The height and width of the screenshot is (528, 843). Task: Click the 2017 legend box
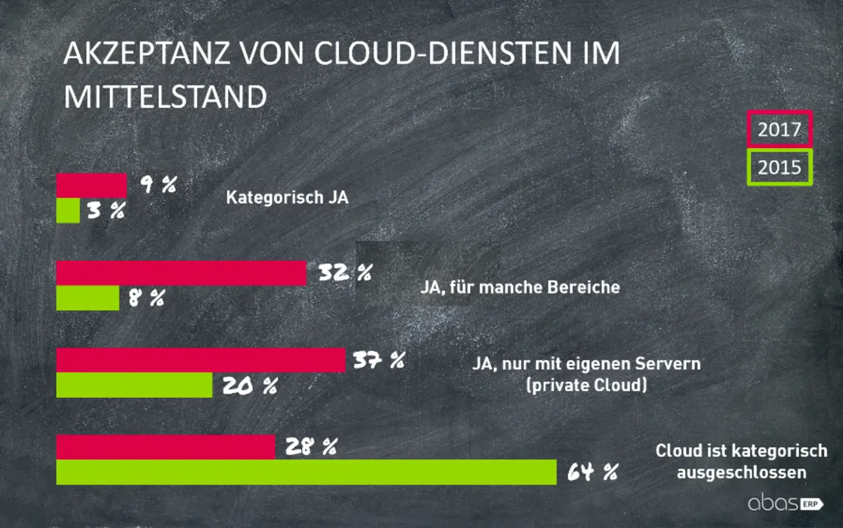click(779, 129)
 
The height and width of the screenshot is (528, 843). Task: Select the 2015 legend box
click(779, 167)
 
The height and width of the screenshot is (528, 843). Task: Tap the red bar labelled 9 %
click(91, 186)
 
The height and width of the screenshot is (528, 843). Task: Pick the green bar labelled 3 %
click(68, 211)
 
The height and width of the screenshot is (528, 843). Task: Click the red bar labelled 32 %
click(181, 273)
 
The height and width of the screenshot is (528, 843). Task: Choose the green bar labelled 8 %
click(88, 298)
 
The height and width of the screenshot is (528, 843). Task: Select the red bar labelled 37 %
click(200, 361)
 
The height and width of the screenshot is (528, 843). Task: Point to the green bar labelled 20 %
click(134, 386)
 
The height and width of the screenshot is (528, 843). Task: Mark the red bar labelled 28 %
click(165, 448)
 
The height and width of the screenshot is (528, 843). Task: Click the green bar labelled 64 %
click(306, 473)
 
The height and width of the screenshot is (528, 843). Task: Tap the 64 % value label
click(590, 472)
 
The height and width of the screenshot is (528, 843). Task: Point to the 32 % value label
click(344, 273)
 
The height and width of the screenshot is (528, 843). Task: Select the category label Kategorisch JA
click(287, 198)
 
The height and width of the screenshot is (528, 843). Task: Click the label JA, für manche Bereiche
click(520, 287)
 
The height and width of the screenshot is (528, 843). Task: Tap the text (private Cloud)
click(585, 384)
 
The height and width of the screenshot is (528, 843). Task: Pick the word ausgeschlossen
click(741, 472)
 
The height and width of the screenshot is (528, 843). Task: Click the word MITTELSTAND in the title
click(165, 97)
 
